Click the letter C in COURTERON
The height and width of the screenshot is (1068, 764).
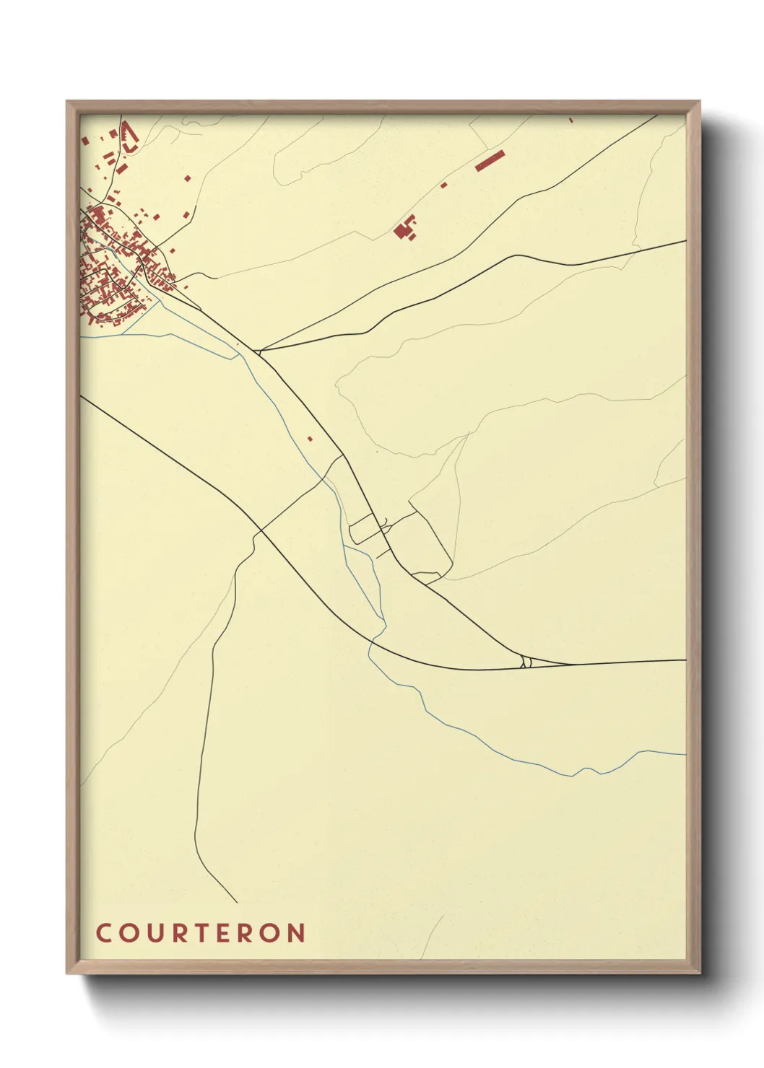click(x=103, y=932)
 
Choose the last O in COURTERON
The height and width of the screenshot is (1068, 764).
click(x=270, y=932)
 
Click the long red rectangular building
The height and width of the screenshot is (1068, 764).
click(x=489, y=160)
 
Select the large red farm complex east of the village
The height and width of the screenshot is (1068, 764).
click(x=405, y=229)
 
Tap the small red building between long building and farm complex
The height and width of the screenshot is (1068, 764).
click(x=443, y=185)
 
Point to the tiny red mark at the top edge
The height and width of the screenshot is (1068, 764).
click(x=570, y=119)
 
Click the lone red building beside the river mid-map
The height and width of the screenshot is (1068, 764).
click(x=310, y=438)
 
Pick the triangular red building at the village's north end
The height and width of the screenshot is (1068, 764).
click(x=129, y=137)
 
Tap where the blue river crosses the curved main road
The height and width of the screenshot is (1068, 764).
click(x=373, y=639)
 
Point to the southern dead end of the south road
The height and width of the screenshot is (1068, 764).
click(x=237, y=902)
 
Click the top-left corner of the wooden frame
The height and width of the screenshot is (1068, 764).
click(x=68, y=102)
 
